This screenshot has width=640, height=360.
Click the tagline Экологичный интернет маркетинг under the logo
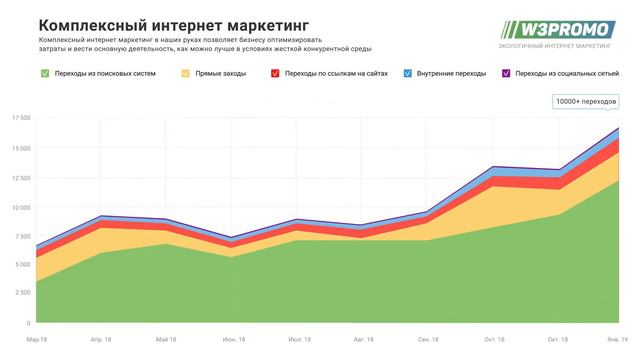coord(557,46)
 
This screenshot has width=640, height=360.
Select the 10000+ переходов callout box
coord(586,102)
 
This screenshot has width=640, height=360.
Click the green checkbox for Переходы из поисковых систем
coord(44,73)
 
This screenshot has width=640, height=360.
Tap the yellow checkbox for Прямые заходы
coord(186,73)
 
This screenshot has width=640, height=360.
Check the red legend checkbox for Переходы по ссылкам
coord(275,73)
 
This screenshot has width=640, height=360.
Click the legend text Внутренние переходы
coord(450,73)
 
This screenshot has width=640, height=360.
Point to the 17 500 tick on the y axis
coord(20,118)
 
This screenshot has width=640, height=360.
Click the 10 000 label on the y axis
coord(20,207)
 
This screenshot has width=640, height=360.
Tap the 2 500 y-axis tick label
coord(21,294)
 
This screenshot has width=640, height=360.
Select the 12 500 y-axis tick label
coord(20,177)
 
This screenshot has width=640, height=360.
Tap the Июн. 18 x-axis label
coord(231,340)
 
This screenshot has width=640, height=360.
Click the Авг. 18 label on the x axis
coord(363,340)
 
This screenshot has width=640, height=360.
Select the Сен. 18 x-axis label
coord(429,340)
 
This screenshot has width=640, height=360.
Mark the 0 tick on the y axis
coord(28,324)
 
